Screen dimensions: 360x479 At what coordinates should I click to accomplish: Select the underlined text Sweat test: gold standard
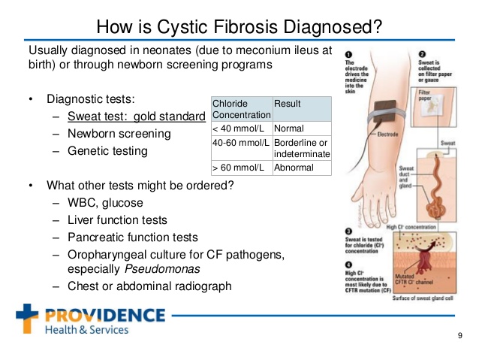point(136,116)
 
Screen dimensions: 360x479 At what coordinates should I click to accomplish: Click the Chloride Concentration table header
point(240,108)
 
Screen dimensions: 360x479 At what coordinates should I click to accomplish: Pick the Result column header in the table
point(288,102)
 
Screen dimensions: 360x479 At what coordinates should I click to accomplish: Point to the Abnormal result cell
point(294,168)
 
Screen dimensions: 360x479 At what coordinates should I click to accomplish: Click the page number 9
point(459,336)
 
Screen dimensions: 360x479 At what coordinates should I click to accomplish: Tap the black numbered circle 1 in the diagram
point(349,54)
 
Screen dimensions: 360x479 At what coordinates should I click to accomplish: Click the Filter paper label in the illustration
point(424,95)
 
